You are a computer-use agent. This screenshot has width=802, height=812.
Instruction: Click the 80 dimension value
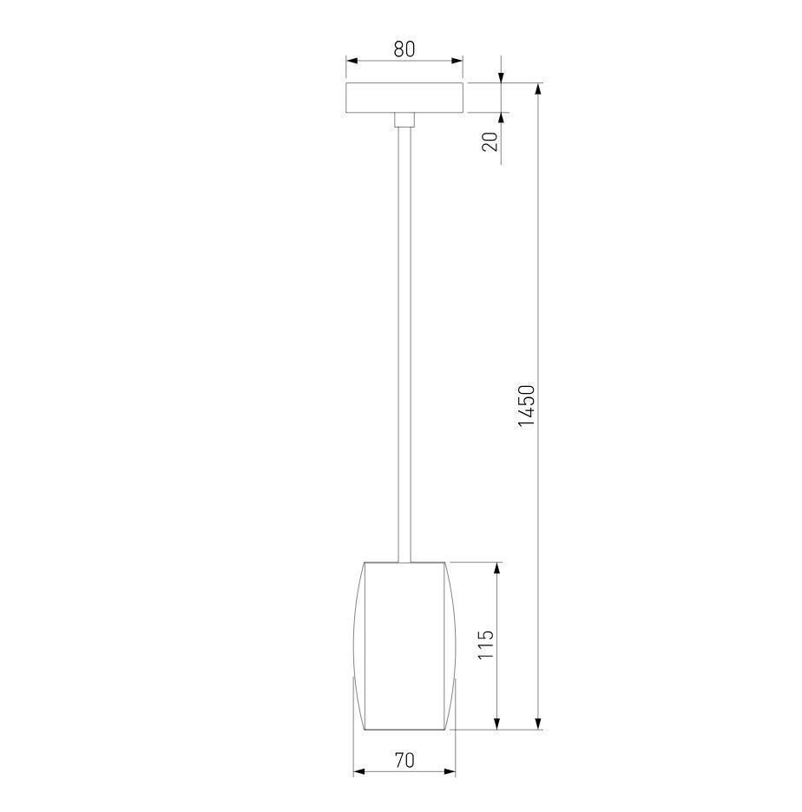(404, 49)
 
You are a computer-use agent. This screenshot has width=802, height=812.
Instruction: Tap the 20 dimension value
(490, 141)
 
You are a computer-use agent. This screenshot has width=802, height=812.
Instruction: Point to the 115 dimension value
(485, 645)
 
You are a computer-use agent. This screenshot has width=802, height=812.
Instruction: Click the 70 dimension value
(404, 760)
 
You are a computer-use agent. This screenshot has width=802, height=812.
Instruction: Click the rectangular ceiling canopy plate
(404, 97)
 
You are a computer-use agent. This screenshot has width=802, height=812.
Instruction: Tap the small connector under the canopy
(404, 120)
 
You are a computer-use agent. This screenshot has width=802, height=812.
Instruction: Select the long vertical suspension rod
(404, 344)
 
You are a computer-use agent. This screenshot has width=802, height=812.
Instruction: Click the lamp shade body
(404, 645)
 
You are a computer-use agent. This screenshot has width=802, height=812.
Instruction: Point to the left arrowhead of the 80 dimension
(352, 61)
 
